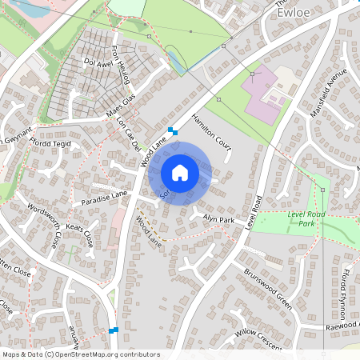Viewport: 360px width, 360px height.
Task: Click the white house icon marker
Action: tap(180, 172)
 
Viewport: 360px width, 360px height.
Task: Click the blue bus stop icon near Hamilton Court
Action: tap(172, 131)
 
